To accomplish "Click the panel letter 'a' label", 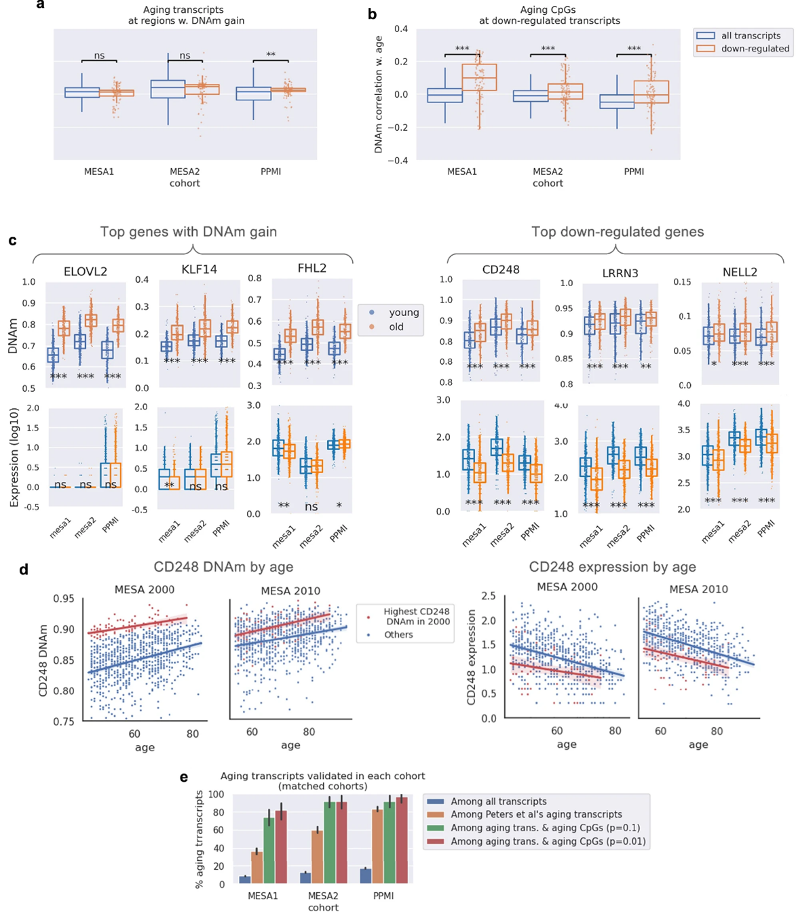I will [41, 5].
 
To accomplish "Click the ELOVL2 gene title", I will [86, 271].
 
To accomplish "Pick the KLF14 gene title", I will [199, 269].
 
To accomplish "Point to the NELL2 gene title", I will [740, 272].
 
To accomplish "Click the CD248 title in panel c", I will [501, 270].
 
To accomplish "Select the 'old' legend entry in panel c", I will [396, 327].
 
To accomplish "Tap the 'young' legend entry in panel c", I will [404, 313].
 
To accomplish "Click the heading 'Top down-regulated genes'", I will [617, 232].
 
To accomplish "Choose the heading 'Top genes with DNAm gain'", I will [189, 232].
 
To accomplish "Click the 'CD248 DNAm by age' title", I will [223, 567].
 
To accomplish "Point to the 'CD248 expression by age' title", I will [612, 567].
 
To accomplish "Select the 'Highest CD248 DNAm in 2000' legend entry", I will [415, 616].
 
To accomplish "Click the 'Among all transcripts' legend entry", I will [498, 801].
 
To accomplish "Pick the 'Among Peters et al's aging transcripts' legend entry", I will [536, 814].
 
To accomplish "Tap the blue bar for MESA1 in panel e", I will [244, 879].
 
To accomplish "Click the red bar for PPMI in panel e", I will [401, 840].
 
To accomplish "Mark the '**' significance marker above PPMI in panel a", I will [271, 55].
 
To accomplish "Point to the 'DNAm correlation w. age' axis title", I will [379, 94].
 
